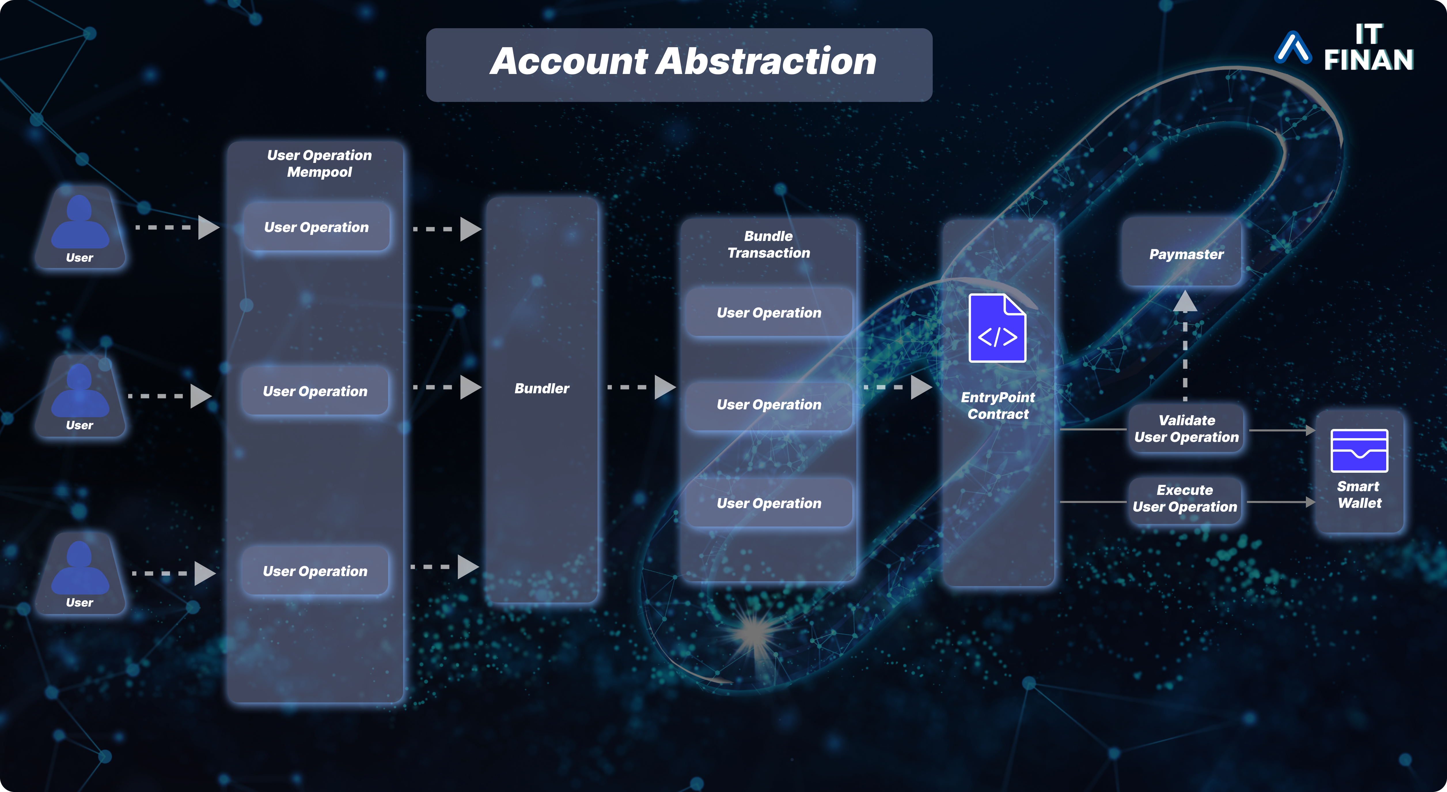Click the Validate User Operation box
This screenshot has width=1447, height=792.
point(1186,429)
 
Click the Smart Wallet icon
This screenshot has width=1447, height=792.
point(1359,451)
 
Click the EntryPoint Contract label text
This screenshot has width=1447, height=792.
point(997,406)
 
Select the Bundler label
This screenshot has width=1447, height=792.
point(541,388)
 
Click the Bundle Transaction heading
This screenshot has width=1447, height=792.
point(769,244)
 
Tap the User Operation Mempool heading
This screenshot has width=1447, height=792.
point(319,164)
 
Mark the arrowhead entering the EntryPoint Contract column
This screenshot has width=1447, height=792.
point(921,387)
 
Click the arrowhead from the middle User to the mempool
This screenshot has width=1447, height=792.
point(200,396)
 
